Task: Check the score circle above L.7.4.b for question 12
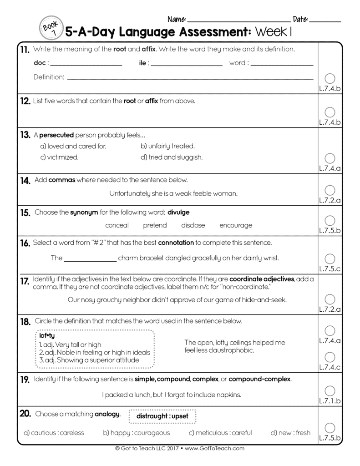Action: click(x=330, y=112)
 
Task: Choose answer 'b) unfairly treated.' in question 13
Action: click(x=167, y=146)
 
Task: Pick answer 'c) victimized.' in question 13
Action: click(x=60, y=157)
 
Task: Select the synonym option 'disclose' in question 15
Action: click(x=193, y=225)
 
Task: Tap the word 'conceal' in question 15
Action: click(x=117, y=225)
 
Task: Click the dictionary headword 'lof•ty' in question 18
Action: click(x=46, y=335)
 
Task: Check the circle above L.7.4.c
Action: click(x=330, y=357)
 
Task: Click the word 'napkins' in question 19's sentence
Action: click(x=230, y=395)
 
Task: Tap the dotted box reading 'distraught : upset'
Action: click(x=162, y=416)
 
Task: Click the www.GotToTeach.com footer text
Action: click(x=215, y=448)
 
